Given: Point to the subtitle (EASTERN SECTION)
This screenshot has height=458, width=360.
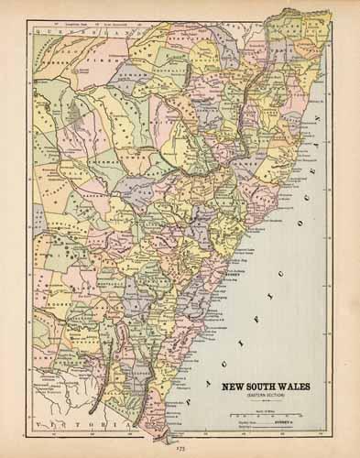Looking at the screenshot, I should click(x=266, y=396).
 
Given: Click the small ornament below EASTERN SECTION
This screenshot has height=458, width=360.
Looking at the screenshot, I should click(x=266, y=401).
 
